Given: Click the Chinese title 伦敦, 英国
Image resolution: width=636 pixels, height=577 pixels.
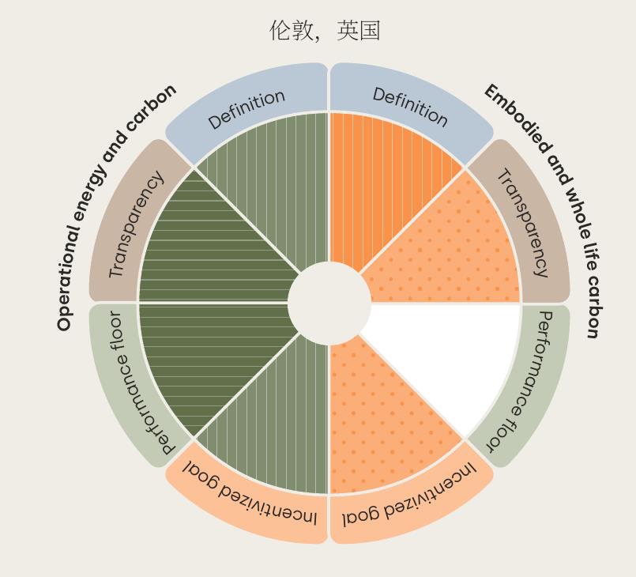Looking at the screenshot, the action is click(x=325, y=31).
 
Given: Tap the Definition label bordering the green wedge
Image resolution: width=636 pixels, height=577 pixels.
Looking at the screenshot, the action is click(x=246, y=109).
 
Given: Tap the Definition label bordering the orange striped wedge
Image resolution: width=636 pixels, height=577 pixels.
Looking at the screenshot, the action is click(x=410, y=107).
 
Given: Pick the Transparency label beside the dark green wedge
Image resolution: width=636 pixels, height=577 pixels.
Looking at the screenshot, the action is click(x=136, y=224).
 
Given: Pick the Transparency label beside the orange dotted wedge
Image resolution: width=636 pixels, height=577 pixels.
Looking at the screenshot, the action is click(x=523, y=223).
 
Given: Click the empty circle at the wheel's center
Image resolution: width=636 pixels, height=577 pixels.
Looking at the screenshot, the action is click(x=329, y=303).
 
